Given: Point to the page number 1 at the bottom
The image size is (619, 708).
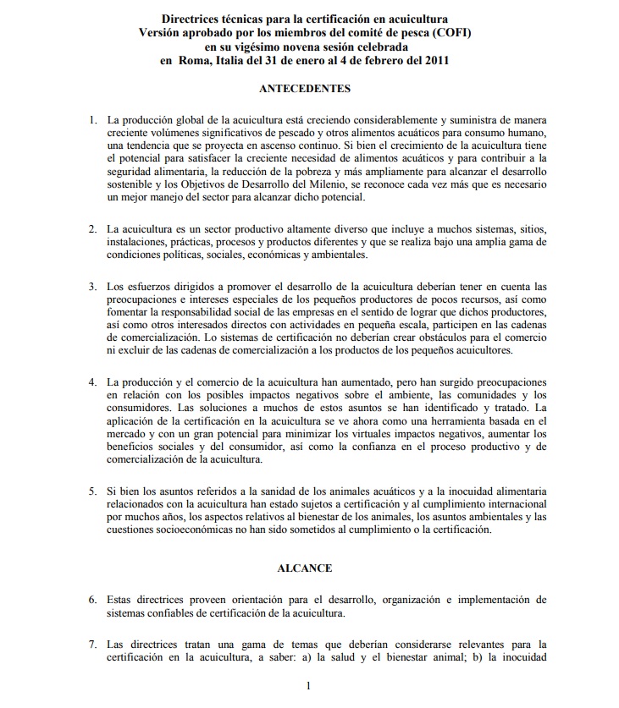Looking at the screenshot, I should tap(309, 687).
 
